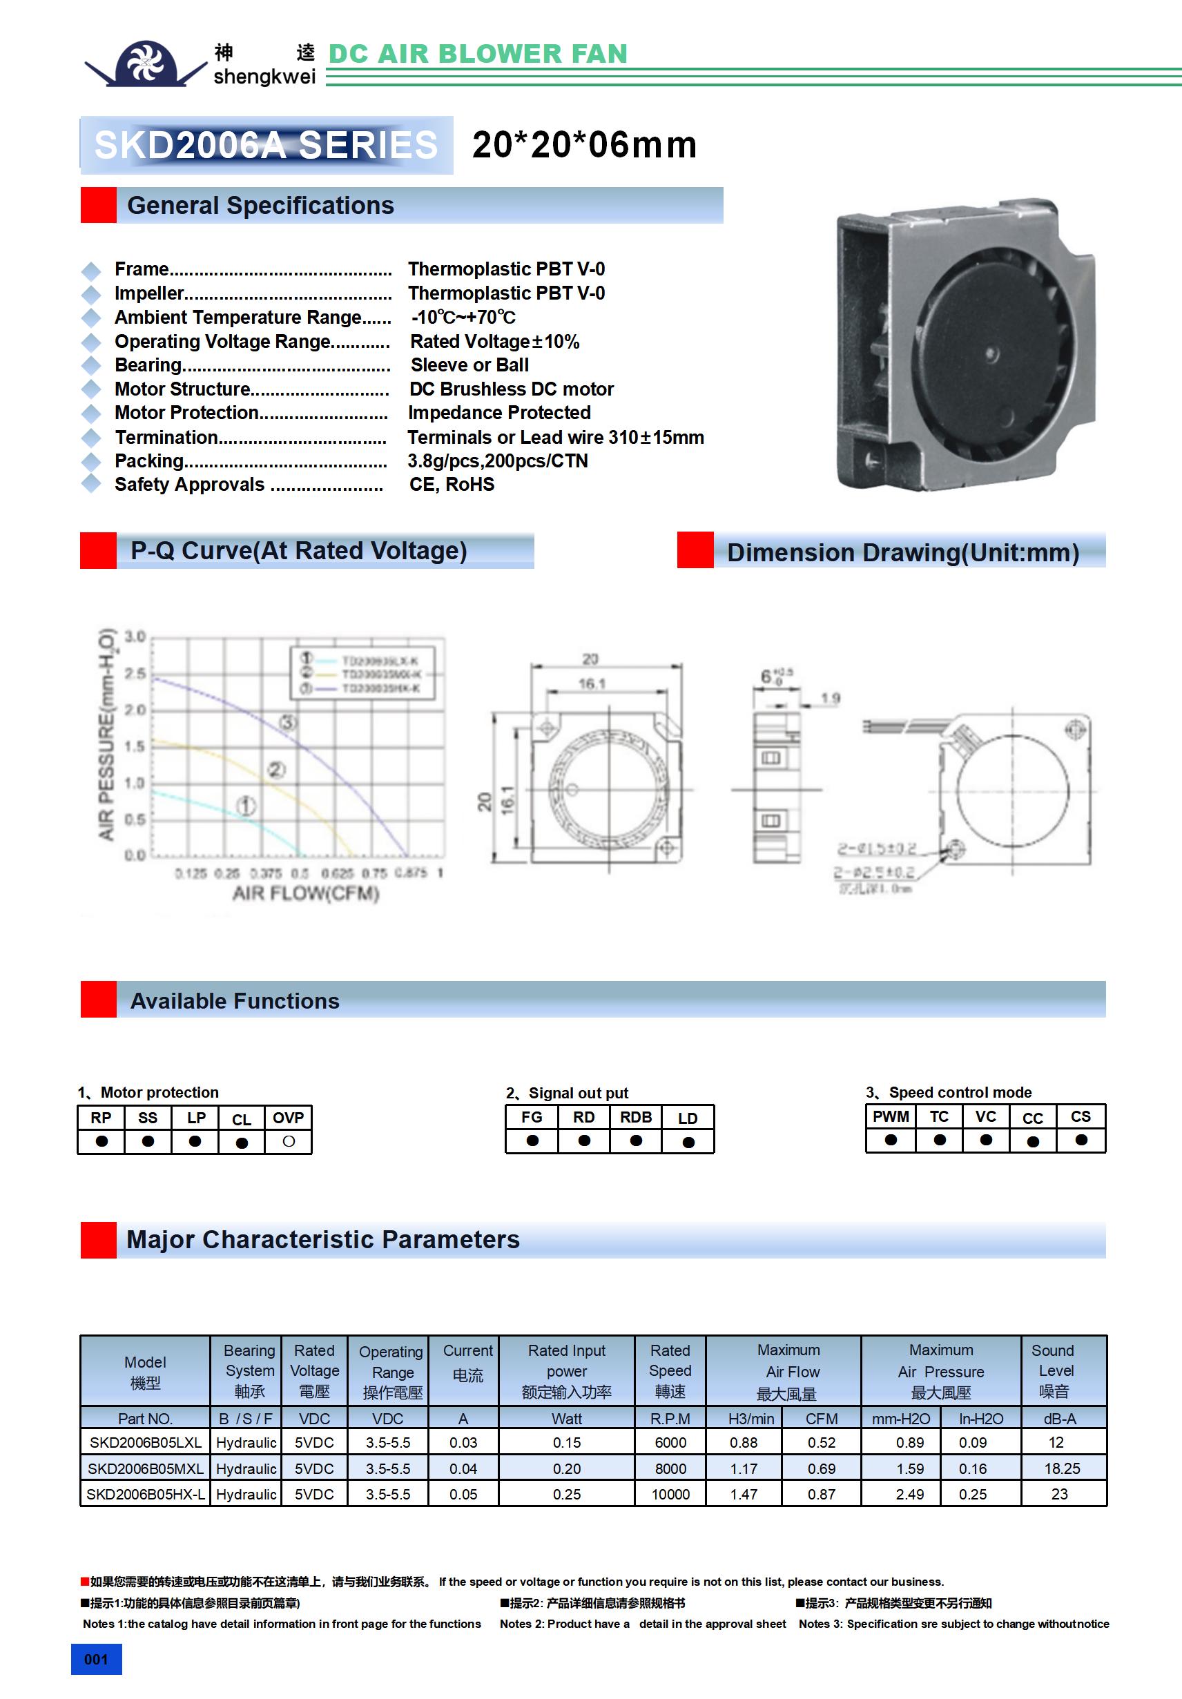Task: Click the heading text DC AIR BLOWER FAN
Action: [x=477, y=54]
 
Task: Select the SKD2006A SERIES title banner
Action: [x=267, y=145]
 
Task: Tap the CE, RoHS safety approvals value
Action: [x=452, y=485]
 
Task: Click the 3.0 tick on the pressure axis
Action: [x=135, y=637]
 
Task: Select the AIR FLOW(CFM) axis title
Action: [x=306, y=894]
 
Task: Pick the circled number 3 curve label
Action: [x=288, y=722]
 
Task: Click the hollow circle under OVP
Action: [x=289, y=1142]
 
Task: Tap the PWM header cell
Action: [x=891, y=1116]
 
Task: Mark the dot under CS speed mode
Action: [x=1081, y=1140]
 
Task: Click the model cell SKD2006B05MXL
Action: [x=145, y=1468]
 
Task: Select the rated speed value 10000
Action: [x=670, y=1494]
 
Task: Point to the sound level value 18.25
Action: [x=1062, y=1468]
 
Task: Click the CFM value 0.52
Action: [x=822, y=1442]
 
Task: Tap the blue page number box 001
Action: [x=96, y=1659]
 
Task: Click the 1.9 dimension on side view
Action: [x=831, y=698]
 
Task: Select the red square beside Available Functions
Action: [x=99, y=1000]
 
